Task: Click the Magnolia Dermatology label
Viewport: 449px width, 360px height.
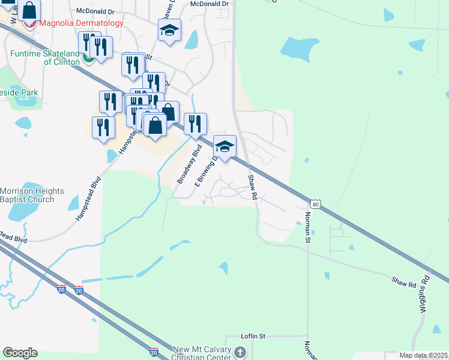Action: point(82,23)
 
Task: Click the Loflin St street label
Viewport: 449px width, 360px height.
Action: point(253,337)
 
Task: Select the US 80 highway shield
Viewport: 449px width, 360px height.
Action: point(316,204)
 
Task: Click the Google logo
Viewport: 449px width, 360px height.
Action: point(20,353)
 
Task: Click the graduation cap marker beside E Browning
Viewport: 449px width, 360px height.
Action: point(224,146)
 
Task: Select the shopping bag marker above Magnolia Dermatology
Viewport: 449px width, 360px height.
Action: point(28,10)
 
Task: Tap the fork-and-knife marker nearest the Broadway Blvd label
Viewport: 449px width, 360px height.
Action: point(195,124)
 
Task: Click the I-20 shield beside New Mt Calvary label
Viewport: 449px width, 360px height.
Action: point(154,352)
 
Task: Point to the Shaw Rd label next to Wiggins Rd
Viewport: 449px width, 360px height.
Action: point(403,281)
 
